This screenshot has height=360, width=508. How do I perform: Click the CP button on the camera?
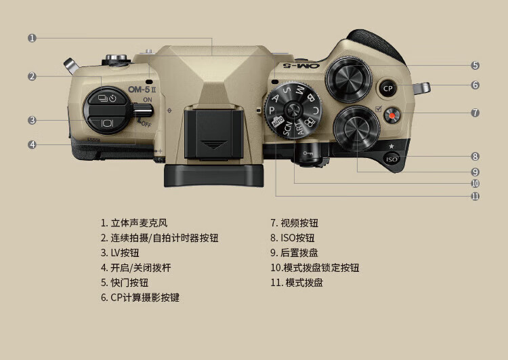pos(387,87)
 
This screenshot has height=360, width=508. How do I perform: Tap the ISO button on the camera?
pos(391,159)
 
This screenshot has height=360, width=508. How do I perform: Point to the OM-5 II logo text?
pos(143,89)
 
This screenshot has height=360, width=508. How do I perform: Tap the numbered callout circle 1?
pos(32,38)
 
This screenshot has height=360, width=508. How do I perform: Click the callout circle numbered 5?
pos(475,65)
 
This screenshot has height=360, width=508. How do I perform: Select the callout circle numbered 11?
pos(475,196)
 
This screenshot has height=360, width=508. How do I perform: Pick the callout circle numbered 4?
pos(32,144)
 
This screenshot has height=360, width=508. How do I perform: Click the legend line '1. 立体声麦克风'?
pos(134,222)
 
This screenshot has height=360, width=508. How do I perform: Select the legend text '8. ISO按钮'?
pos(293,238)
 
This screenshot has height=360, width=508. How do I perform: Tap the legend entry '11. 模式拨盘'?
pos(297,283)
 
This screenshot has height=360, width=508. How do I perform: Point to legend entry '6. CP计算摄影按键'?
pos(140,298)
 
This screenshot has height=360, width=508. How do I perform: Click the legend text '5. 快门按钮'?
pos(125,283)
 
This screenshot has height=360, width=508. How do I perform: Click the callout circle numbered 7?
pos(475,113)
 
